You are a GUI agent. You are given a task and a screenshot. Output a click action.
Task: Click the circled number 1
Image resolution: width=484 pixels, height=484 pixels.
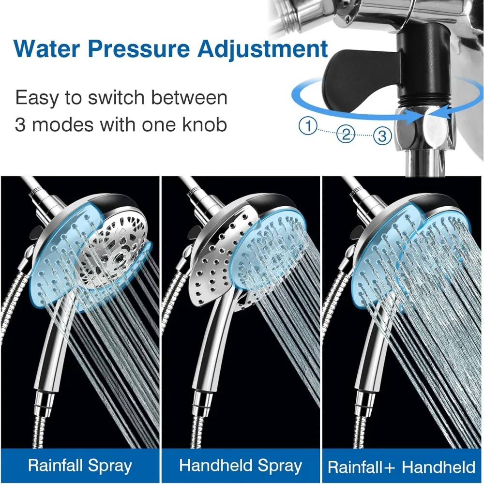click(x=307, y=127)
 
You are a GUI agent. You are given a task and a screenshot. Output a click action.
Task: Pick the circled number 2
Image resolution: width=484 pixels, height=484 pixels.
click(x=346, y=134)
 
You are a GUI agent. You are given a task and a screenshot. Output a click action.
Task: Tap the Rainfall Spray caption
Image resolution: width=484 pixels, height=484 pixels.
click(x=80, y=466)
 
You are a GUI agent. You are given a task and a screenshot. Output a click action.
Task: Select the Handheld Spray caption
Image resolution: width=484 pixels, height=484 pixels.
click(x=241, y=466)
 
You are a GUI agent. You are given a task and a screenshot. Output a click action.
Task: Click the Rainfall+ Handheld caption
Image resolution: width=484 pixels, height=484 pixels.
click(x=402, y=467)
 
